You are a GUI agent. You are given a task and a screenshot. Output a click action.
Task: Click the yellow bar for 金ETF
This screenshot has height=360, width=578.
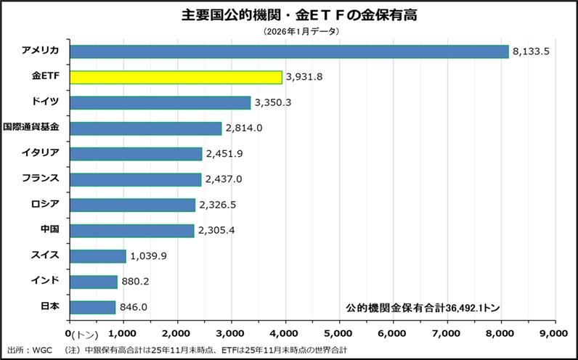(175, 77)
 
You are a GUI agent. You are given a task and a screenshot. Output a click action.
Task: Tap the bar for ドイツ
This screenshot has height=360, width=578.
(160, 102)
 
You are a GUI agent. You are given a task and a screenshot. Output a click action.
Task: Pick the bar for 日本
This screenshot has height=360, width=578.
(92, 306)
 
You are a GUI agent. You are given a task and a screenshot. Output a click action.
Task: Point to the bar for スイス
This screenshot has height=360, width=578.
(97, 255)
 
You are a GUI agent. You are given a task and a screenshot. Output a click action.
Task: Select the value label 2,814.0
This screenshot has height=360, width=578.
(244, 128)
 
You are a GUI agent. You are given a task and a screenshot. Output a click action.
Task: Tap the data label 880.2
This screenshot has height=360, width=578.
(136, 282)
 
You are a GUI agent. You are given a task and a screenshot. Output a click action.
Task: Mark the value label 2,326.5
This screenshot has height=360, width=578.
(217, 205)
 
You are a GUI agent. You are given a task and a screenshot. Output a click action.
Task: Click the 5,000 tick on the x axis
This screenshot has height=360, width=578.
(338, 332)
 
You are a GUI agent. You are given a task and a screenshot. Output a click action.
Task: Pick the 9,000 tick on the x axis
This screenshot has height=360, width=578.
(554, 332)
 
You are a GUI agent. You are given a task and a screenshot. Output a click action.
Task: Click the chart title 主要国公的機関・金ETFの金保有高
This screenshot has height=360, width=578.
(288, 15)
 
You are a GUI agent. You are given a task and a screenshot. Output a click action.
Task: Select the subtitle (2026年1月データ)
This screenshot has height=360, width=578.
(288, 31)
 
